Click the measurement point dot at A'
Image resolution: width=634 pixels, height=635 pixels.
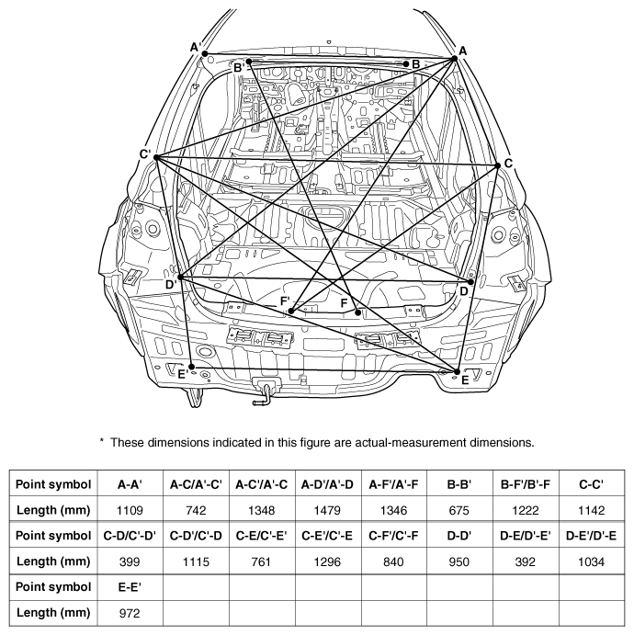click(205, 53)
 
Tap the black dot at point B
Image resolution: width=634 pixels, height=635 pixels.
click(406, 64)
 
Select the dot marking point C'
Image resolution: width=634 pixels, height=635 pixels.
click(156, 157)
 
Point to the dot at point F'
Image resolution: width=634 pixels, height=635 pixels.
click(290, 311)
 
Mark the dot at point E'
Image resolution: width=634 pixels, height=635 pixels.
click(192, 368)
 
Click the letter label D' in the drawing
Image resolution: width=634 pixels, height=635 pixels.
click(171, 285)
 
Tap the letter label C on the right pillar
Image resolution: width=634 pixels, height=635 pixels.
click(508, 164)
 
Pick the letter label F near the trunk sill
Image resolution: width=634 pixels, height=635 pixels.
click(345, 303)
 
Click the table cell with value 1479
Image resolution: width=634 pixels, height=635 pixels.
click(328, 510)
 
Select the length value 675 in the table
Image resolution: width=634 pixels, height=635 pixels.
click(459, 510)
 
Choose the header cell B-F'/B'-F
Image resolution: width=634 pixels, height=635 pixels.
click(526, 484)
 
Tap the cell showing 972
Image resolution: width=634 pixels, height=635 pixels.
click(130, 613)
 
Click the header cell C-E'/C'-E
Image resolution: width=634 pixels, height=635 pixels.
click(328, 536)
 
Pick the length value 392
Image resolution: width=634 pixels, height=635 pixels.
click(526, 561)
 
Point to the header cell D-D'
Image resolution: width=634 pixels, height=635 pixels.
click(459, 536)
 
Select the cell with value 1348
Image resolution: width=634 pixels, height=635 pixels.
click(262, 510)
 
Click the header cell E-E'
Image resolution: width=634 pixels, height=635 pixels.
click(130, 587)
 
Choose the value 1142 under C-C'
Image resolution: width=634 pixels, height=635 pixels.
click(592, 510)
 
